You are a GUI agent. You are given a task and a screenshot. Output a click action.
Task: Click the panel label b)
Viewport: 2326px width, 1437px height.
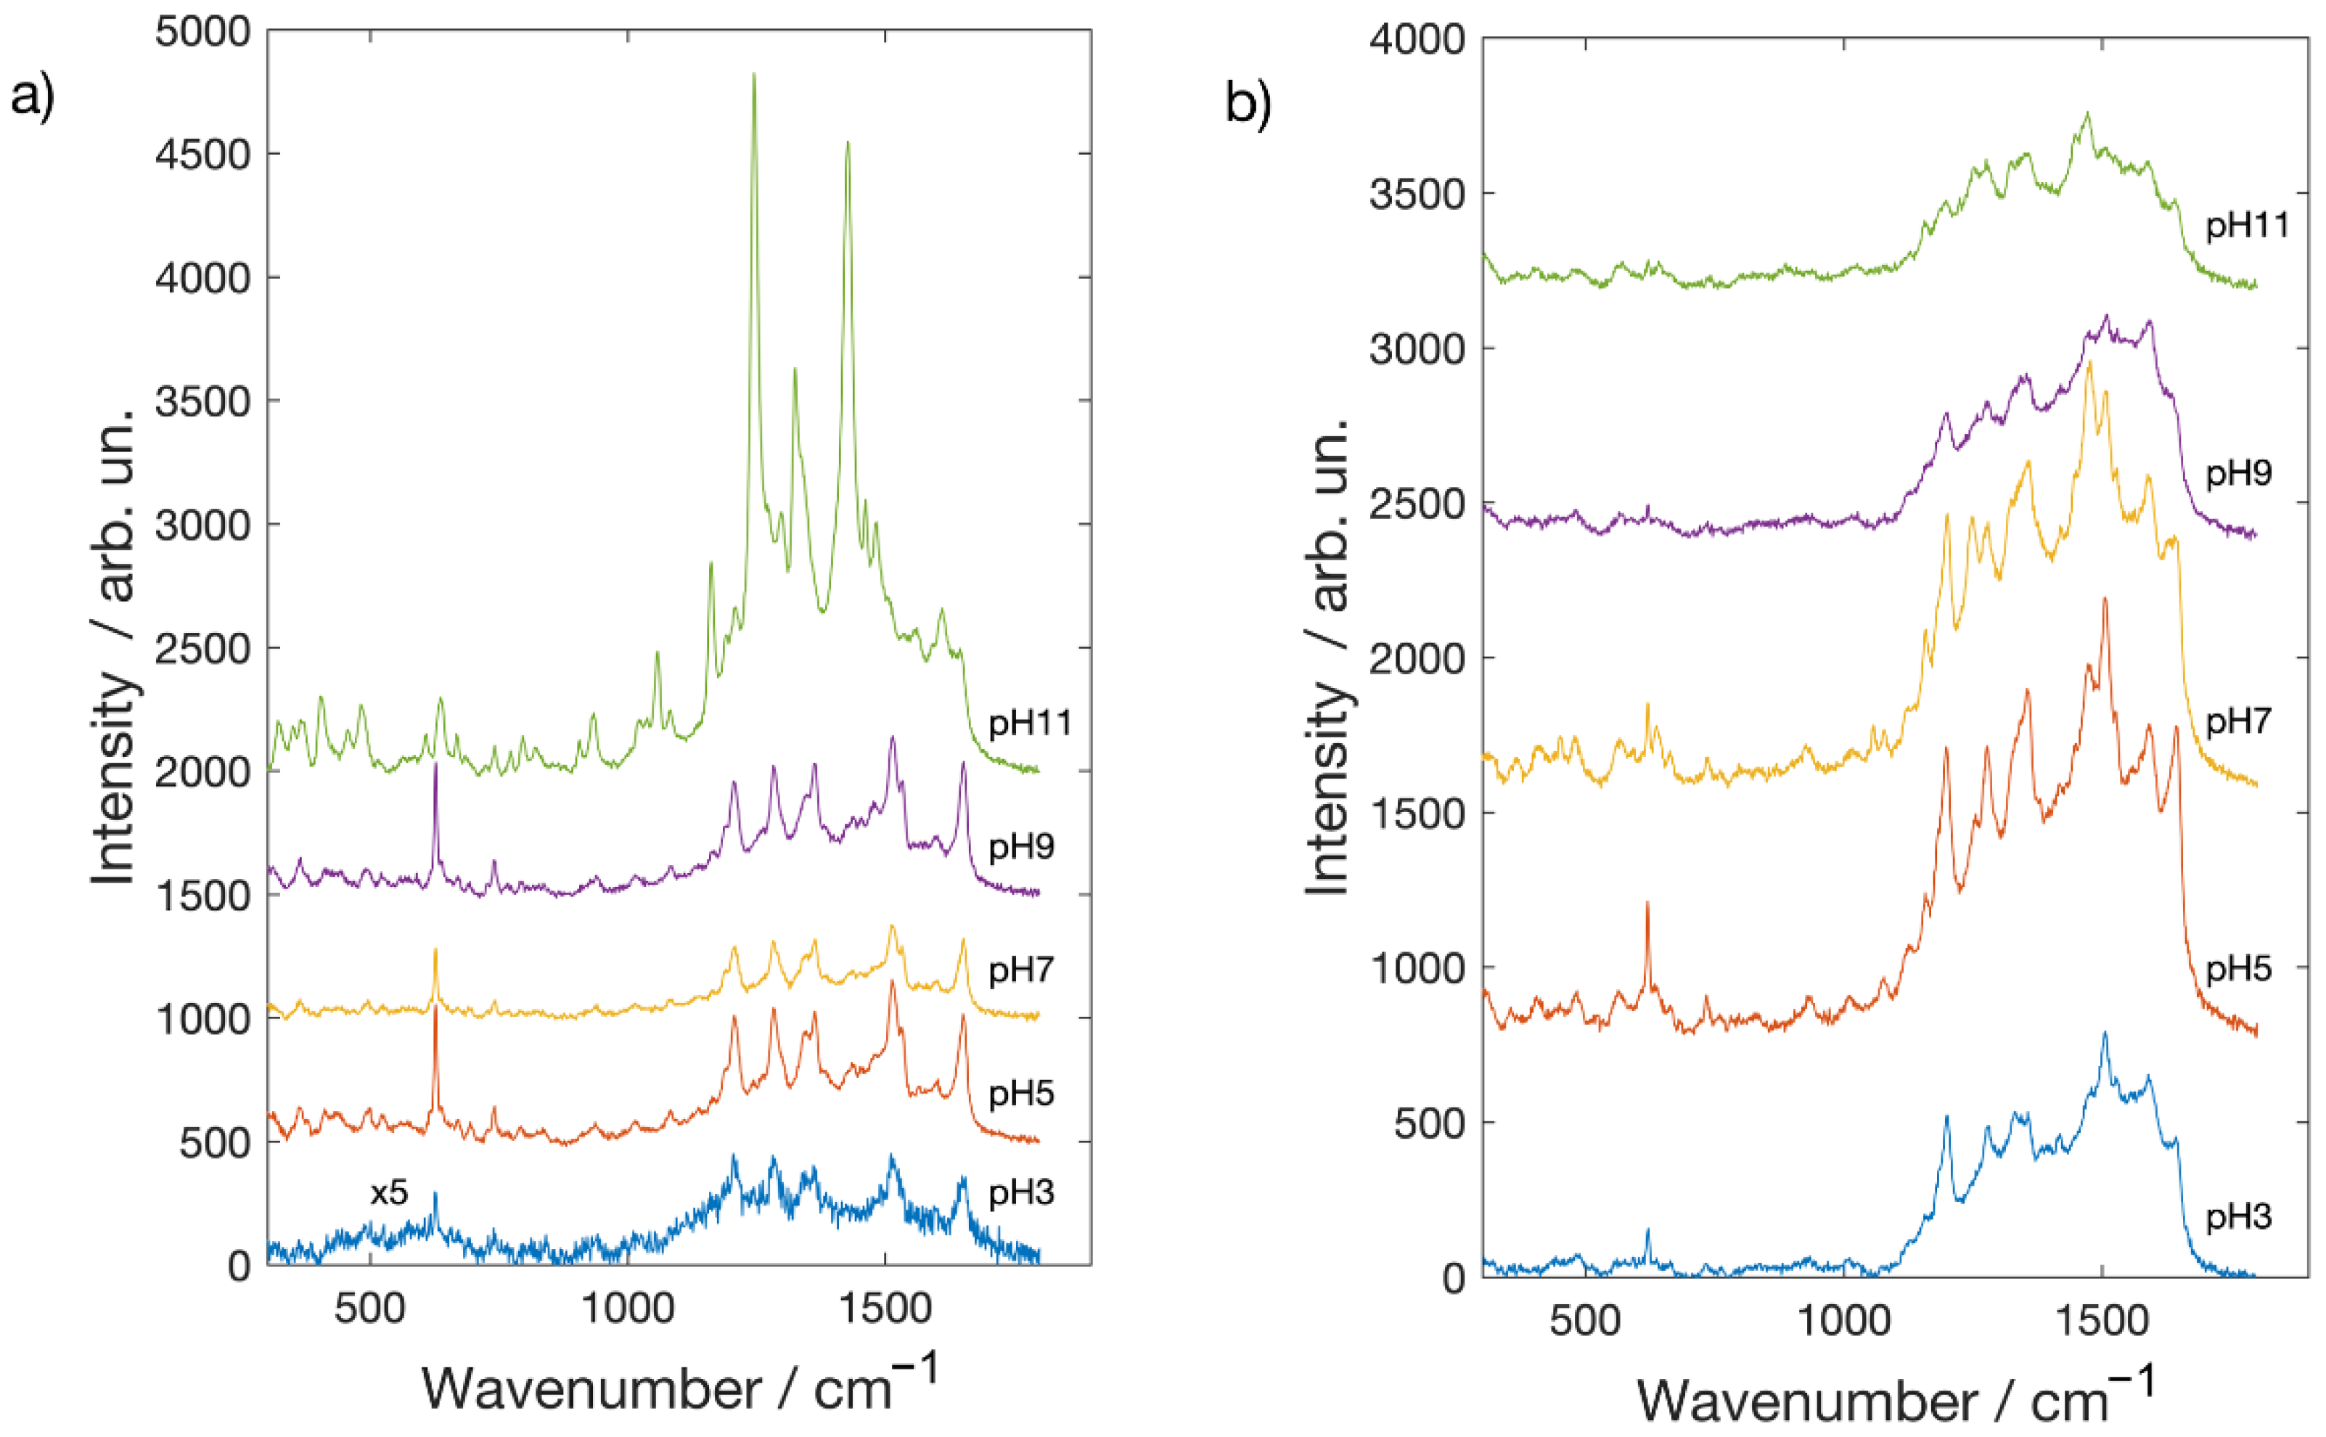[x=1248, y=105]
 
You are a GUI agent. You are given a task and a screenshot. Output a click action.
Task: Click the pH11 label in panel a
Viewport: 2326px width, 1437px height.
[x=1030, y=724]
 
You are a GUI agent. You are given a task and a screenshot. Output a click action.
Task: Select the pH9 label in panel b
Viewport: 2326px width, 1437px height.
[x=2237, y=472]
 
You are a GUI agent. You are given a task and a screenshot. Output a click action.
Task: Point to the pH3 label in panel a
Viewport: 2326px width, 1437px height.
[x=1021, y=1192]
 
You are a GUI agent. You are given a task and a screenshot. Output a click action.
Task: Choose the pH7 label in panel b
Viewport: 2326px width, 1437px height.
[x=2237, y=721]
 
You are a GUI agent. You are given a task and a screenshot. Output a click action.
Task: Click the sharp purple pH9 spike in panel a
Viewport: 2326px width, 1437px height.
[x=435, y=766]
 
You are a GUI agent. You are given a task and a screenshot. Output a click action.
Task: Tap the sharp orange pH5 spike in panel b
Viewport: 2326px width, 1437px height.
[x=1647, y=904]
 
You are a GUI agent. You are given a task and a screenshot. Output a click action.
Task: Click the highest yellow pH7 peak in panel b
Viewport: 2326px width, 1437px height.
[x=2089, y=363]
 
